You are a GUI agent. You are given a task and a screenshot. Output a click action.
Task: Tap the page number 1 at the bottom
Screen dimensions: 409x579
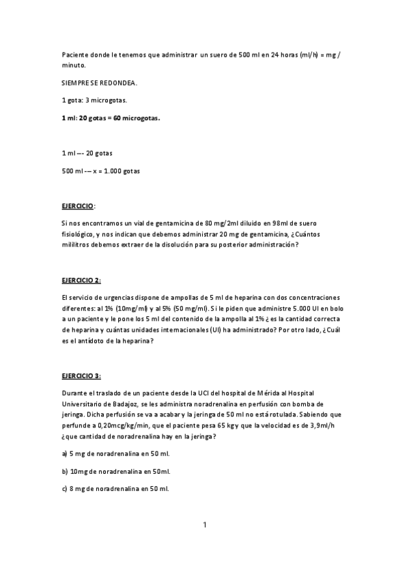tap(204, 524)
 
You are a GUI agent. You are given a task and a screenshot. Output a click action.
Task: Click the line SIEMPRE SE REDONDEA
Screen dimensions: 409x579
tap(99, 83)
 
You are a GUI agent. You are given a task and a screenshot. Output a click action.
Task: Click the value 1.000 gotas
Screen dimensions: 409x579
tap(124, 171)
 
